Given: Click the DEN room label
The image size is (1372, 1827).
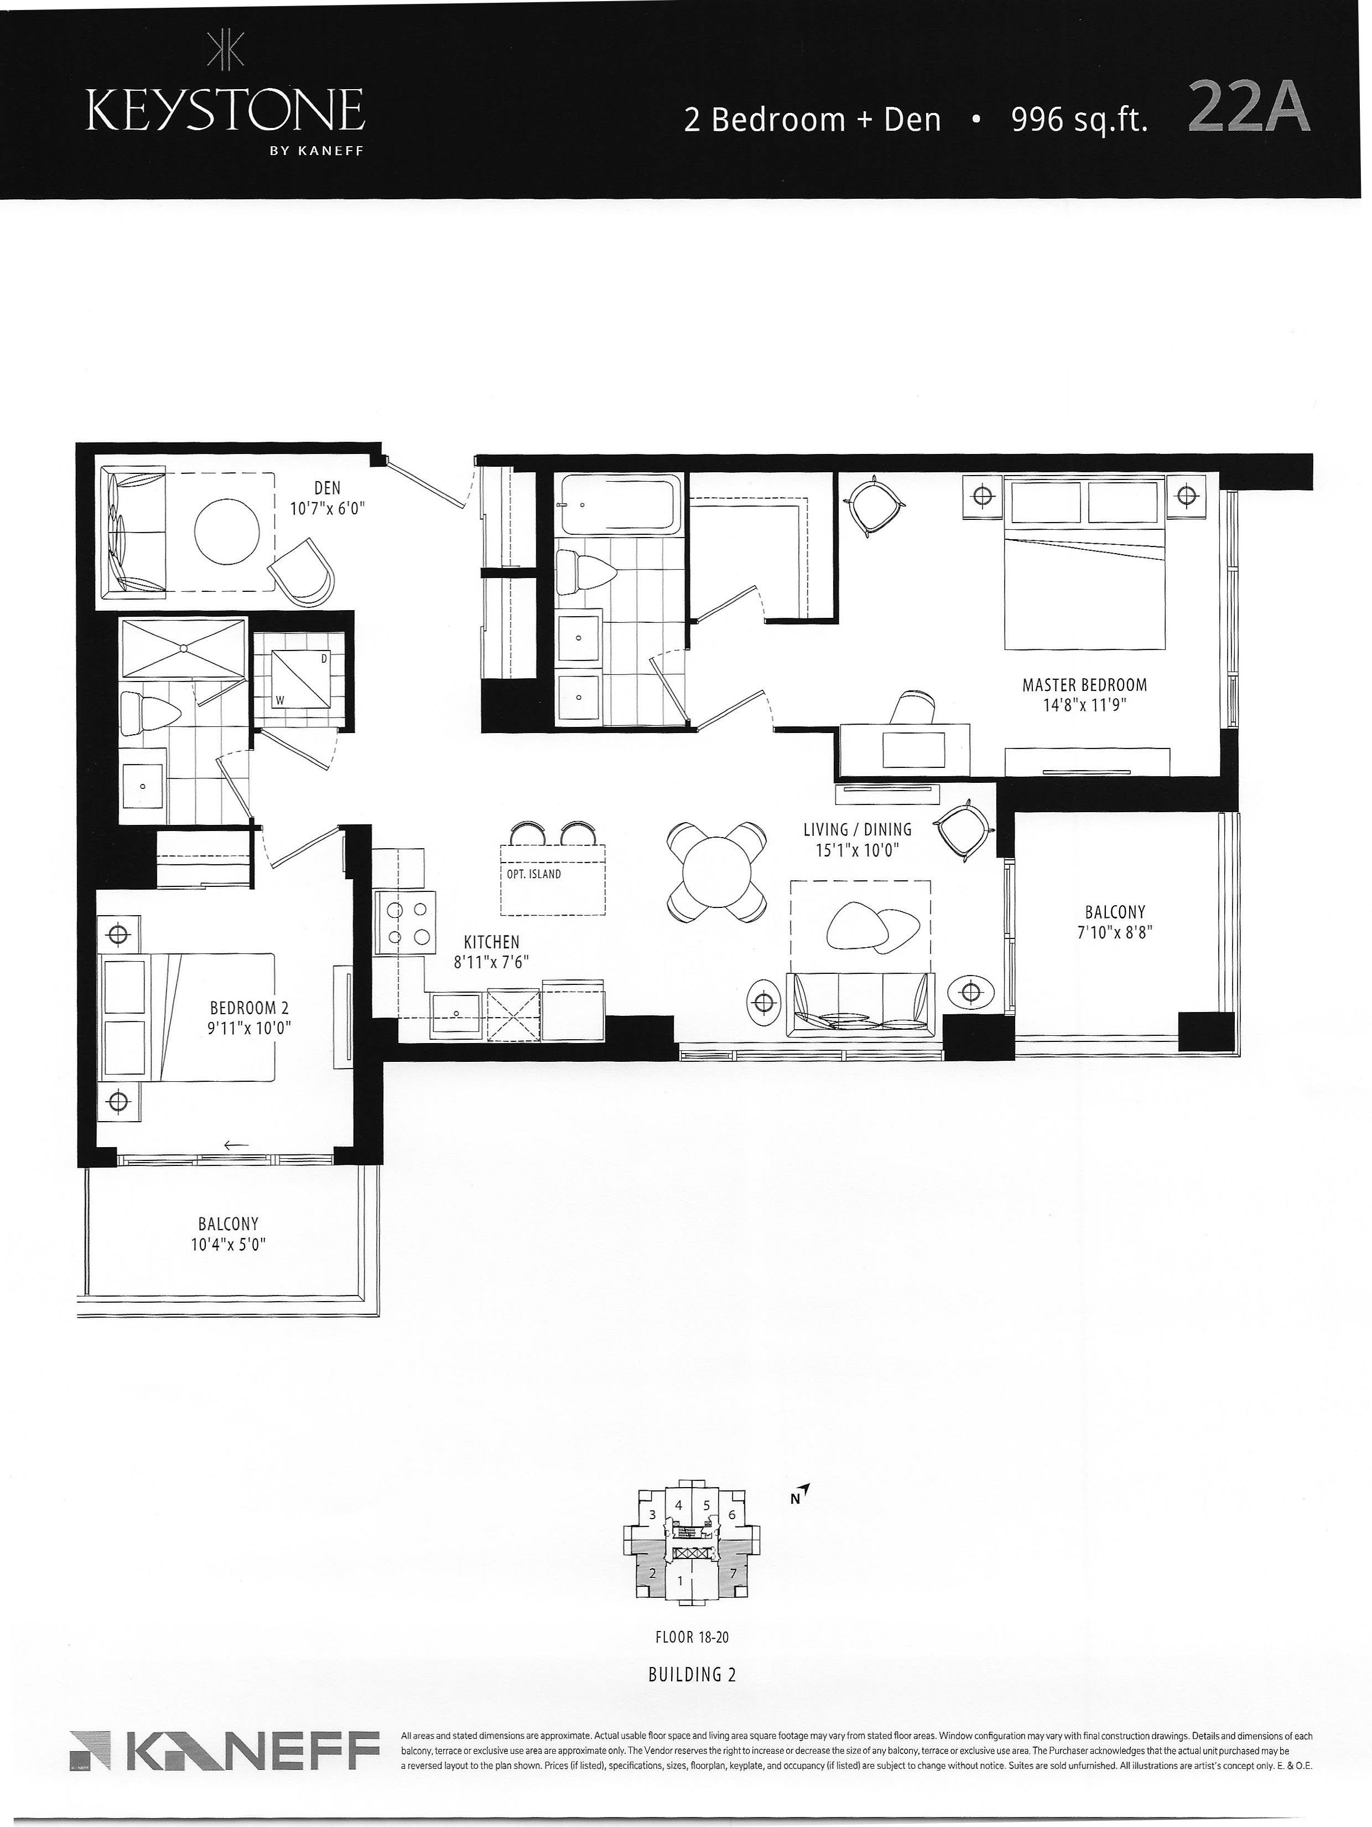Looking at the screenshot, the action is pyautogui.click(x=327, y=489).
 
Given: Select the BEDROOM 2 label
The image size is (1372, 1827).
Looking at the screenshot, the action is pyautogui.click(x=250, y=1008).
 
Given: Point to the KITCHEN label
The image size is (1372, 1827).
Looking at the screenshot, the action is pyautogui.click(x=491, y=942).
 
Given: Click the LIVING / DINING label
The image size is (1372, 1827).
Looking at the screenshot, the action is pyautogui.click(x=857, y=829).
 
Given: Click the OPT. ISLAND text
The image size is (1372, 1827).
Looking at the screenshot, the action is pyautogui.click(x=534, y=874).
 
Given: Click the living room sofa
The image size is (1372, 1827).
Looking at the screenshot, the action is pyautogui.click(x=860, y=1004).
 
